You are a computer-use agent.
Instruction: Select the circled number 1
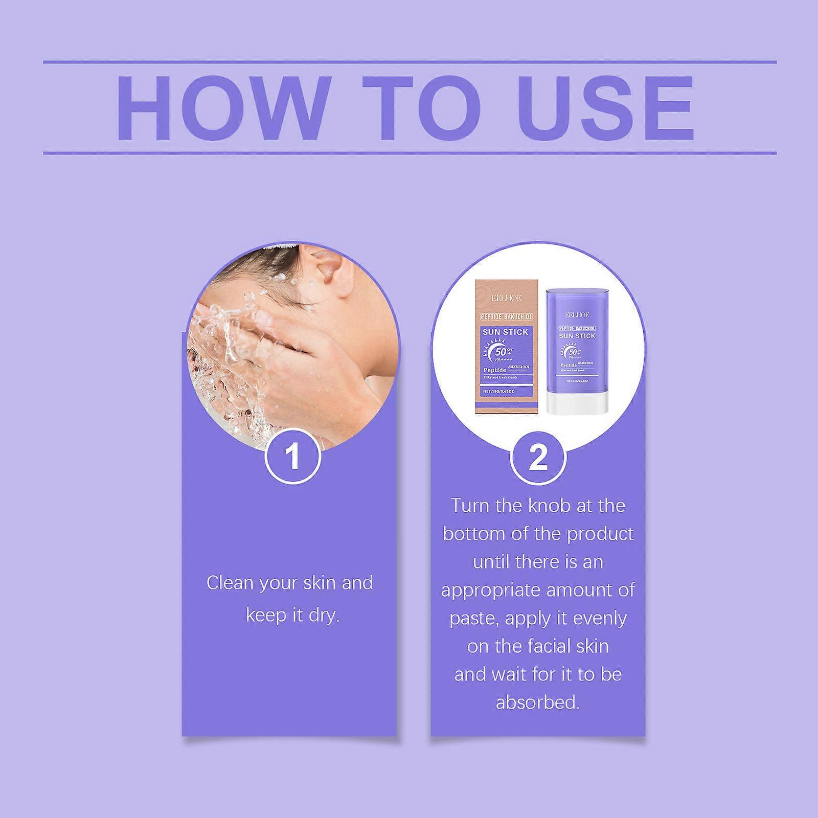pos(292,457)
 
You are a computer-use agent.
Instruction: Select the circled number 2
pos(538,457)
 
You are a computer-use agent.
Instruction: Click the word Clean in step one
pos(230,583)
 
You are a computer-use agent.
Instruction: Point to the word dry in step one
pos(323,615)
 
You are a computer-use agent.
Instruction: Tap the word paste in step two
pos(474,618)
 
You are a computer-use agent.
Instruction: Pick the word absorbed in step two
pos(537,702)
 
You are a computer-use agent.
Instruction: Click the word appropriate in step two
pos(490,590)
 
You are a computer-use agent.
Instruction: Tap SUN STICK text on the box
pos(505,332)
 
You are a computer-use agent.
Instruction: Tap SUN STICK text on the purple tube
pos(577,335)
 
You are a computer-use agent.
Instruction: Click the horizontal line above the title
pos(409,62)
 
